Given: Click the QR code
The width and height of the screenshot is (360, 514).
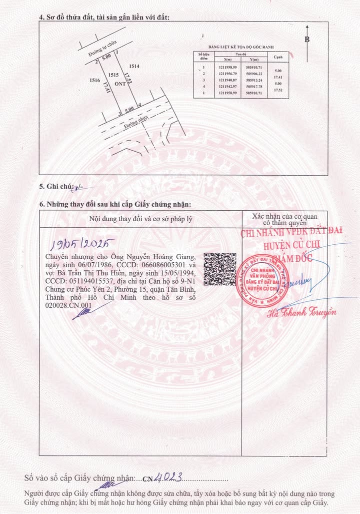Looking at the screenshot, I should [219, 269].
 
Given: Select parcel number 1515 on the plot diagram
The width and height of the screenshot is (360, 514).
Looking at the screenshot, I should [113, 75].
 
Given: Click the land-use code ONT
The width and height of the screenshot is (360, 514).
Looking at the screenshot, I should [120, 84].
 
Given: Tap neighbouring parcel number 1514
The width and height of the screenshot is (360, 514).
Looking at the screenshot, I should [134, 66].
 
